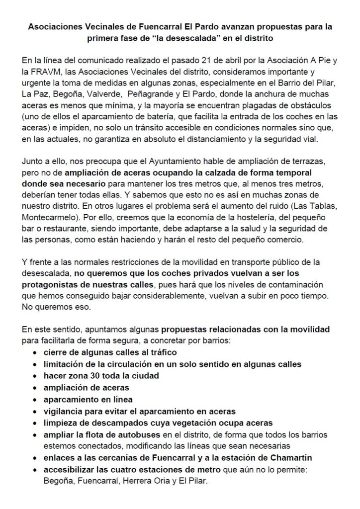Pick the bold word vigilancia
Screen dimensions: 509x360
tap(62, 411)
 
